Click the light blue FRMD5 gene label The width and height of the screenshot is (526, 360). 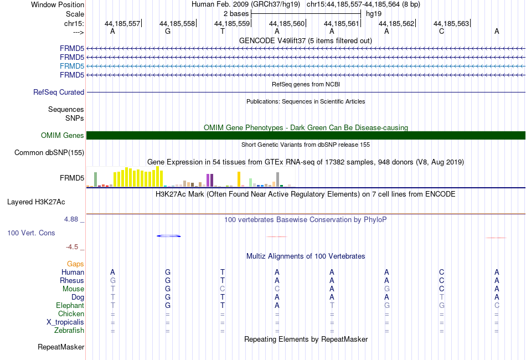point(72,66)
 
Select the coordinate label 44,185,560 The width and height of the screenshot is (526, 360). point(287,23)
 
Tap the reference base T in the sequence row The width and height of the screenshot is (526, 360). point(223,31)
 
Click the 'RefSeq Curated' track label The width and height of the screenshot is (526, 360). point(59,92)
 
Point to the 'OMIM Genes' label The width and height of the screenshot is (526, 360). point(63,135)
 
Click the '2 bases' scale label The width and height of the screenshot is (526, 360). point(236,14)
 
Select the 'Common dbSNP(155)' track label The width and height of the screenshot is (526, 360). point(49,153)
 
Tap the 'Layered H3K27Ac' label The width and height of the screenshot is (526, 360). point(36,202)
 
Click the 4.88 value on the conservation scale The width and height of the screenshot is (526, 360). point(71,219)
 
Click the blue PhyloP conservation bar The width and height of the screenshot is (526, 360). point(169,236)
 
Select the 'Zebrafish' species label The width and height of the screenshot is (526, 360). point(69,331)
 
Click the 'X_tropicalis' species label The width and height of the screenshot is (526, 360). point(65,322)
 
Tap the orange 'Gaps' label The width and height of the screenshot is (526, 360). point(75,264)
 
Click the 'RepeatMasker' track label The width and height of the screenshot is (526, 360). point(61,347)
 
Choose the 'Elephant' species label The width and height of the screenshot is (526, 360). point(70,305)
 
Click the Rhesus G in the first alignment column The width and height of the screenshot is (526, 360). point(113,280)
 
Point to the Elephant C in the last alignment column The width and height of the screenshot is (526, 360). point(497,305)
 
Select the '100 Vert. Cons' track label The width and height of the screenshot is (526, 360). point(31,233)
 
